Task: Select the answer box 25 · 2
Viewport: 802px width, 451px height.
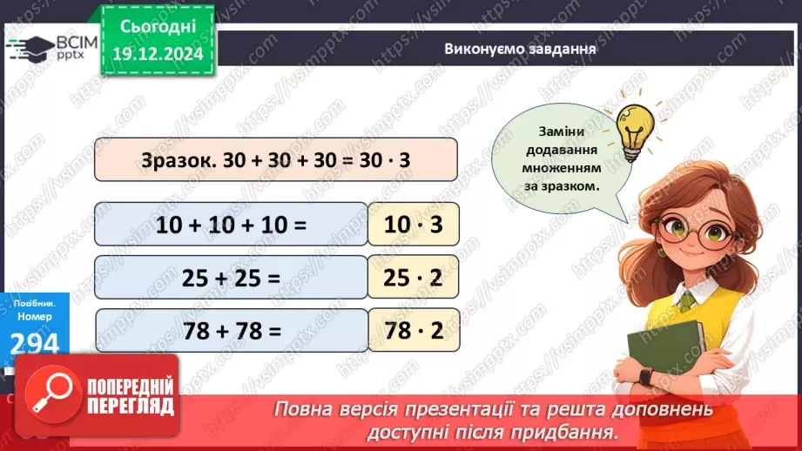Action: (x=414, y=279)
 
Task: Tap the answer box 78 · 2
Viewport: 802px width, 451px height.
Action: (x=414, y=332)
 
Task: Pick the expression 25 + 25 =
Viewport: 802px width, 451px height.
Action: (x=232, y=279)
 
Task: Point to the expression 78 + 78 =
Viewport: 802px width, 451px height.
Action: (x=232, y=332)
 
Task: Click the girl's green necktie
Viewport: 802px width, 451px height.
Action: (x=688, y=301)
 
